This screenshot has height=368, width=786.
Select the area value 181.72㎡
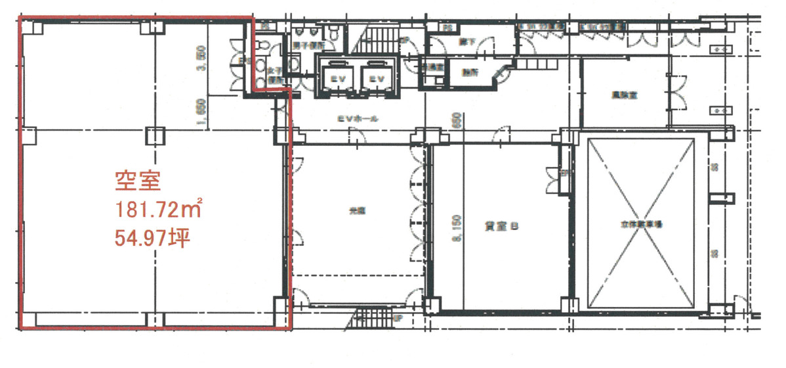click(158, 210)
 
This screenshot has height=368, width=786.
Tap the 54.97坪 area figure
click(152, 238)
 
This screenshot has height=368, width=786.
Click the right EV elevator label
click(375, 78)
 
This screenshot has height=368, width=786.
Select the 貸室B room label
click(504, 225)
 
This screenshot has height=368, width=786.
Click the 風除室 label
click(629, 94)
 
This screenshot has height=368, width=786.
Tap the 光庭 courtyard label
click(356, 212)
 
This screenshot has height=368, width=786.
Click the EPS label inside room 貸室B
click(563, 174)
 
